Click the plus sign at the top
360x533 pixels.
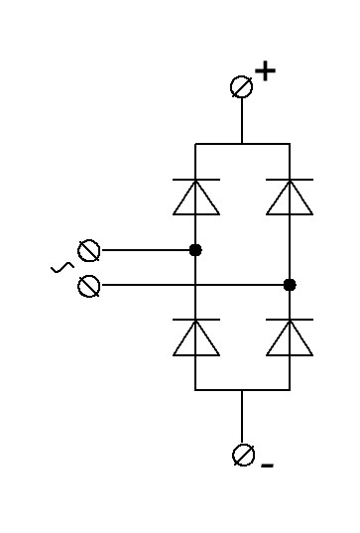[265, 71]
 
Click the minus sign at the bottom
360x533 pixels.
[268, 466]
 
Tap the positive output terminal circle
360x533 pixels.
[241, 86]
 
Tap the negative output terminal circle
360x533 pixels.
[244, 455]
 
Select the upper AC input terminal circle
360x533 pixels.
[89, 251]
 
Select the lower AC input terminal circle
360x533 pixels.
[89, 286]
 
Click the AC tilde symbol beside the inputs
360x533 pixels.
[62, 268]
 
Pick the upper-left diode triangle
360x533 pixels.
[196, 198]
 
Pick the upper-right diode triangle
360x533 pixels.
[290, 198]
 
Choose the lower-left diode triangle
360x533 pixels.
[196, 338]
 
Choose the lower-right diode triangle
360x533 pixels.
[290, 338]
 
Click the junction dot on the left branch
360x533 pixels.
[195, 250]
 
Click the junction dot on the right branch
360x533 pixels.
[290, 285]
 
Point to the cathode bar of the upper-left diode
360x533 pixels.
[196, 179]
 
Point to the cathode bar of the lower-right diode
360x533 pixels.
[290, 320]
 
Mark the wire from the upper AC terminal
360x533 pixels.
[146, 250]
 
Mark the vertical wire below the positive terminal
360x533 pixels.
[242, 120]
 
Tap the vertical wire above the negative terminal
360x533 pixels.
[242, 417]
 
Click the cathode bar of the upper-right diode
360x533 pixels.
[290, 179]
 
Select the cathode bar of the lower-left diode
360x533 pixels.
[196, 320]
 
